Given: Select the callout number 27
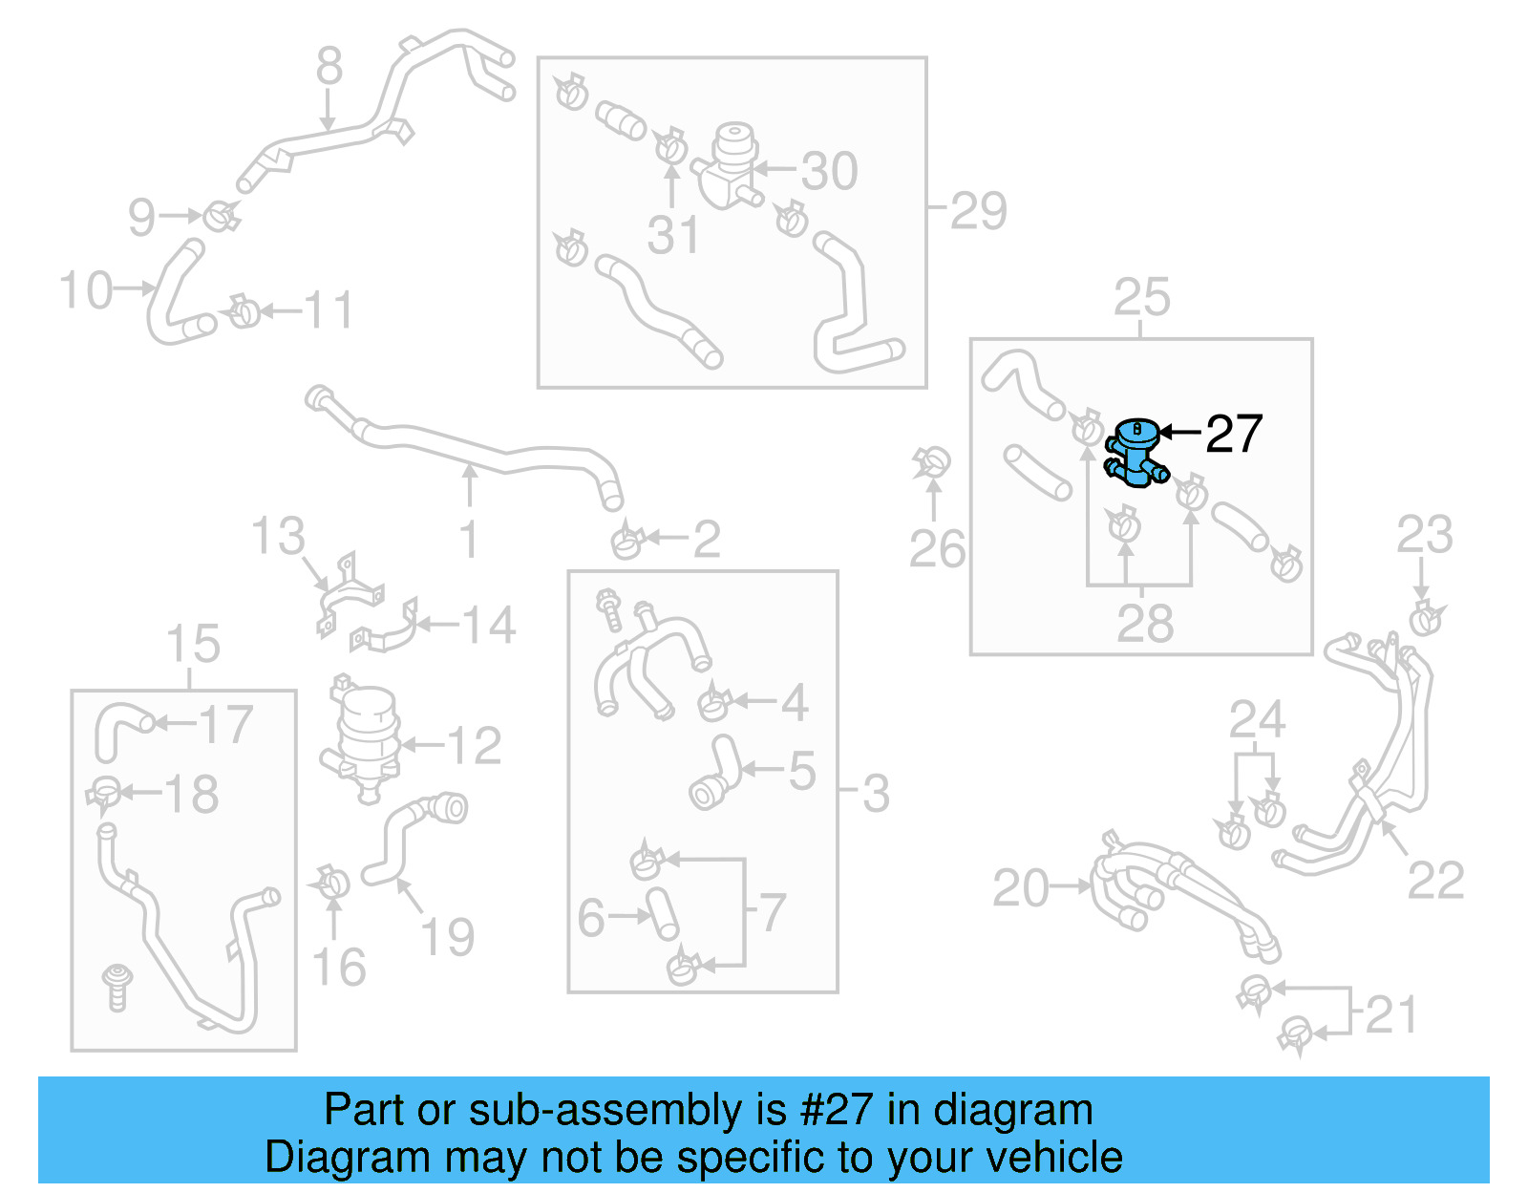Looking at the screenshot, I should [x=1234, y=435].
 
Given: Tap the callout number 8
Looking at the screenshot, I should [x=329, y=67].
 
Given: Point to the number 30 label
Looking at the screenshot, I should [x=829, y=171].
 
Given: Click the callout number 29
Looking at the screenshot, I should [x=978, y=211].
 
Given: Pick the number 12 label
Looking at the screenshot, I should [x=474, y=746].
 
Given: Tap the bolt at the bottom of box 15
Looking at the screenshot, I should [x=117, y=987].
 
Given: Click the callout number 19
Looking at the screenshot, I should [x=448, y=937].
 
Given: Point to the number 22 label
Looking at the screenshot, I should [x=1435, y=881].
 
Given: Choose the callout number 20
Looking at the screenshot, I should [x=1020, y=888].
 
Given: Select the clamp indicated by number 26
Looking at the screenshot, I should [x=931, y=464].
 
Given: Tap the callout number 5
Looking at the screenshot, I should [x=802, y=770].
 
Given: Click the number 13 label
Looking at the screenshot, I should [x=278, y=536].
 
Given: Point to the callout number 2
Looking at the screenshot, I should [x=706, y=540].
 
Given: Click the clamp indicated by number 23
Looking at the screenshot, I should [x=1425, y=618].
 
